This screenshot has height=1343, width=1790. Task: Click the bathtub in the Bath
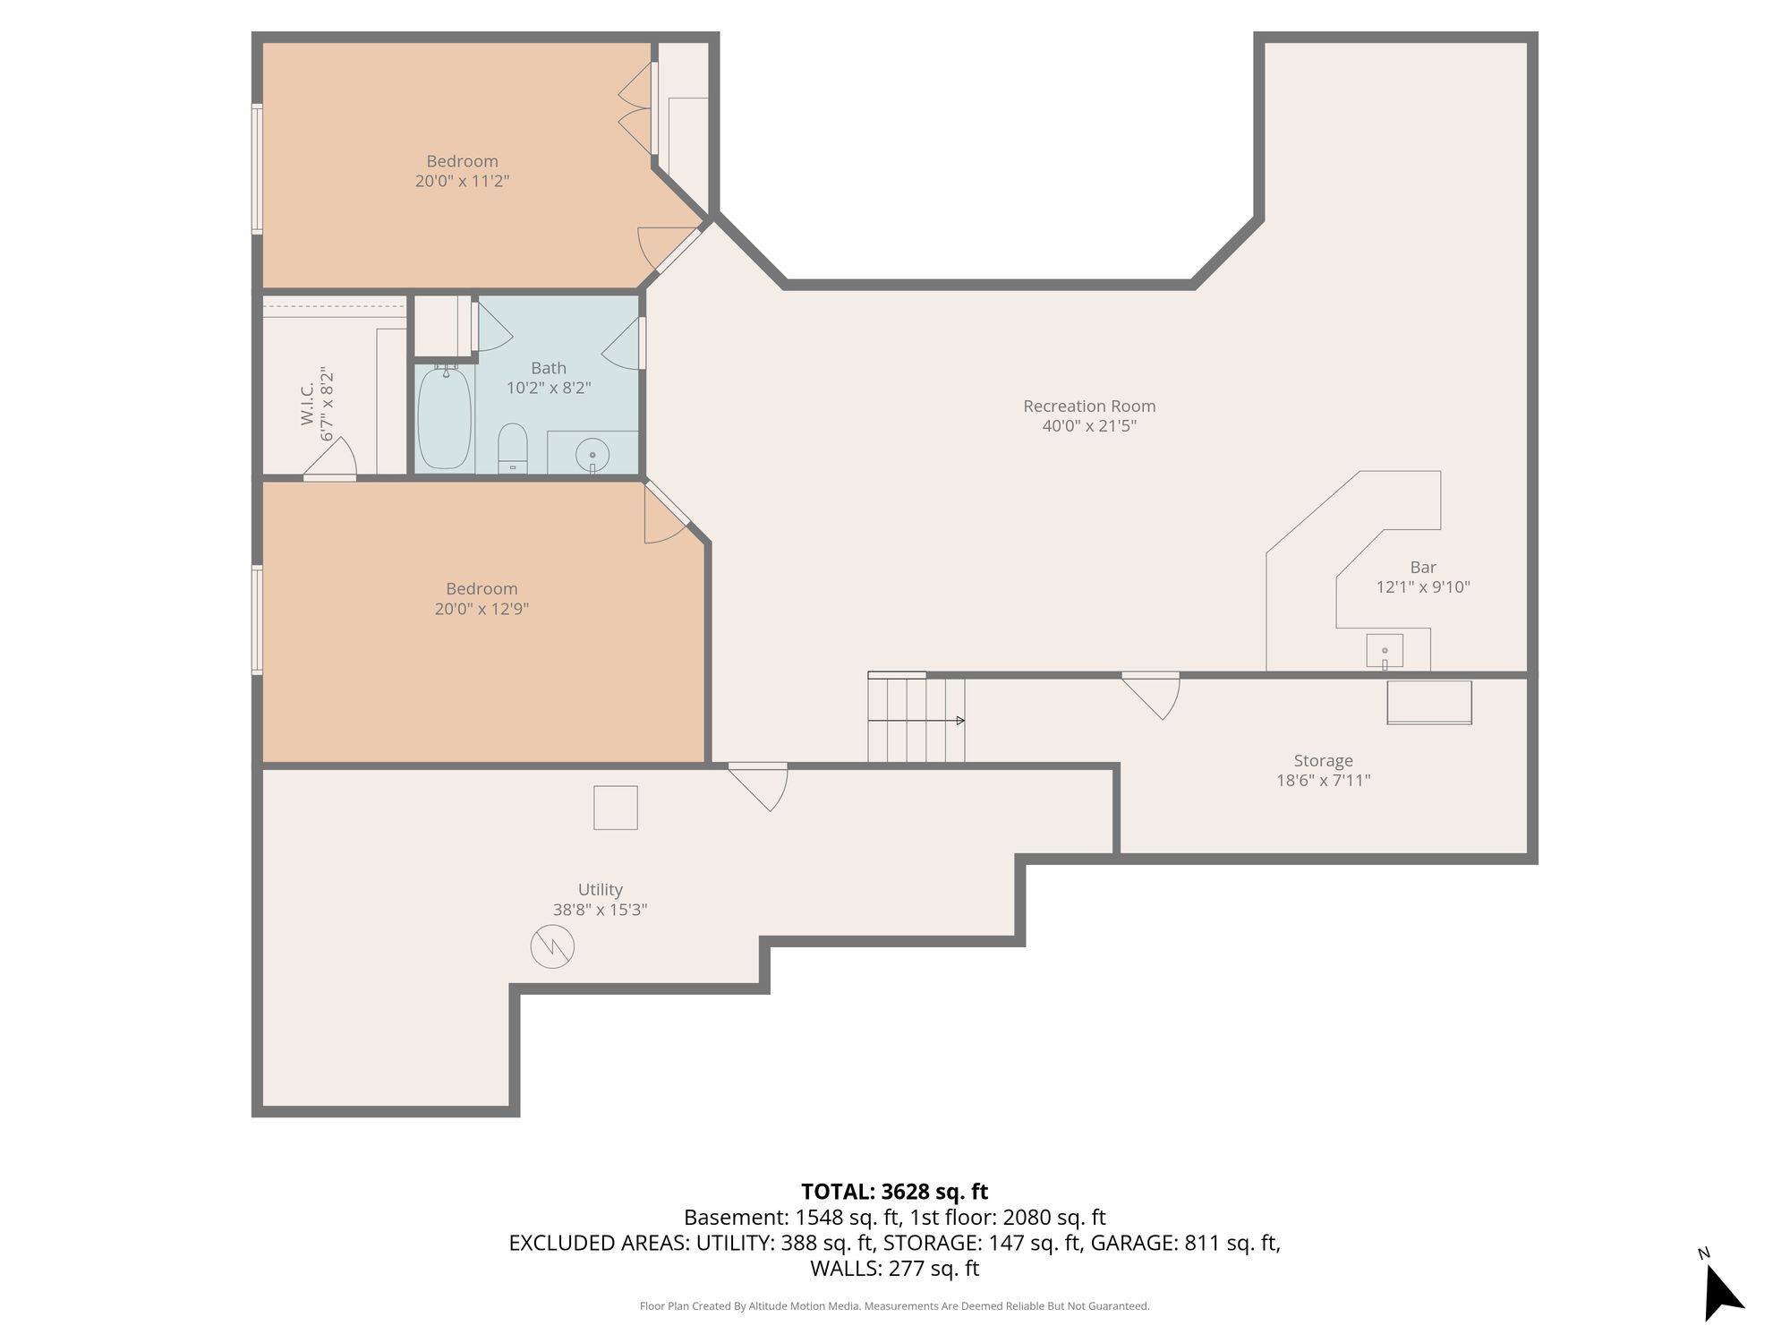(445, 417)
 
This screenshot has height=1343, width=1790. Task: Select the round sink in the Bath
(592, 456)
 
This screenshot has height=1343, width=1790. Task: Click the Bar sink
(1385, 651)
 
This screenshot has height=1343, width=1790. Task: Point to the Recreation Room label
(1089, 406)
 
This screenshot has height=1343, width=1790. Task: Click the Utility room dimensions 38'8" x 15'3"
(600, 910)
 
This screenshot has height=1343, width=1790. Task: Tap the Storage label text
(1323, 761)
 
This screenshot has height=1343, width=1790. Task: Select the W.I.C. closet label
(308, 405)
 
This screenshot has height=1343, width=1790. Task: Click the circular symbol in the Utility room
(552, 946)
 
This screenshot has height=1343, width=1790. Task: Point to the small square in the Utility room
(616, 808)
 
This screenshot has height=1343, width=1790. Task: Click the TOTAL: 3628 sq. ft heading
(894, 1192)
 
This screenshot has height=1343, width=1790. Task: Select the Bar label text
(1423, 568)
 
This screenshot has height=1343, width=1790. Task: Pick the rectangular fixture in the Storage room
(1429, 703)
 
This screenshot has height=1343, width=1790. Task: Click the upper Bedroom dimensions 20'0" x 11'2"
(462, 181)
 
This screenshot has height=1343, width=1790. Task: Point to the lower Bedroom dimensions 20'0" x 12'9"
(482, 609)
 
